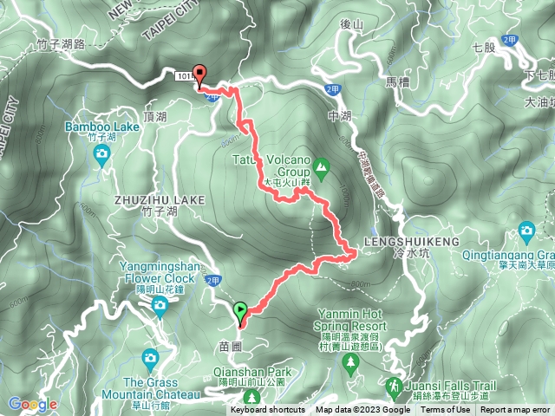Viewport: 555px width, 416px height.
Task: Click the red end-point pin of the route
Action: click(200, 75)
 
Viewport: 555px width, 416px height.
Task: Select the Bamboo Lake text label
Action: click(101, 127)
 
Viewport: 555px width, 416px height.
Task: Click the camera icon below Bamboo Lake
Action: click(101, 155)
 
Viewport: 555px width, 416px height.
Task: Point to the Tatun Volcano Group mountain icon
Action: click(322, 165)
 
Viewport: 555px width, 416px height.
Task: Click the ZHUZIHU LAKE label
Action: click(159, 199)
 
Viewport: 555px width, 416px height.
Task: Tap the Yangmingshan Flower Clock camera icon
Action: click(160, 304)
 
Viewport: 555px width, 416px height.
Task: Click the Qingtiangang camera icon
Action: click(526, 231)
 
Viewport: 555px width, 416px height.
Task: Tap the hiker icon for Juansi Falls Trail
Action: click(395, 383)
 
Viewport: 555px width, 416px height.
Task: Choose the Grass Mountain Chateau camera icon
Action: click(150, 357)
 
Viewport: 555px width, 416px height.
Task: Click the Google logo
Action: click(33, 404)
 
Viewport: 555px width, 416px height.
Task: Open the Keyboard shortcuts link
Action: click(268, 410)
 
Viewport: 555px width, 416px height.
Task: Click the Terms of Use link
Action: click(446, 410)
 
